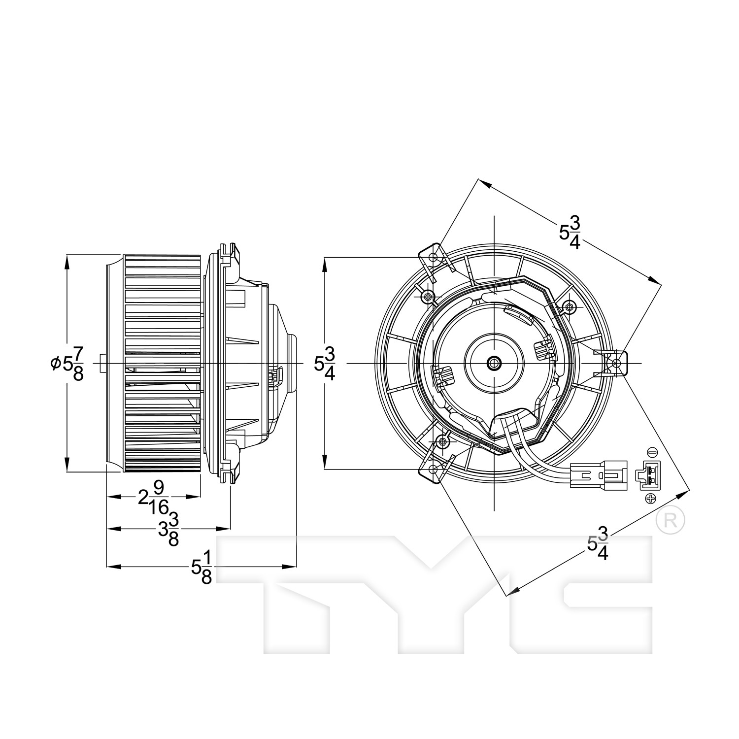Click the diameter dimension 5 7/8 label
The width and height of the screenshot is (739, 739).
67,364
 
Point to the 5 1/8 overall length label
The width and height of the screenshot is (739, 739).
202,568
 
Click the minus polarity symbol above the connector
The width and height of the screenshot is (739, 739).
651,451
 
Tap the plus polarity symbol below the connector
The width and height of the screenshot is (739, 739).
651,499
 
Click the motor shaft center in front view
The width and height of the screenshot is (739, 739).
493,364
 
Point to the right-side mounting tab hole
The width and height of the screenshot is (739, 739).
616,363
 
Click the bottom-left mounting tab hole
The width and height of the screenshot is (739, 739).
433,469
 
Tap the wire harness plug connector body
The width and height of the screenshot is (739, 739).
599,475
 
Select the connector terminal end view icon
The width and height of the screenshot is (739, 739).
646,475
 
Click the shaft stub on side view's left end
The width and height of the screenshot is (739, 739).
102,364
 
